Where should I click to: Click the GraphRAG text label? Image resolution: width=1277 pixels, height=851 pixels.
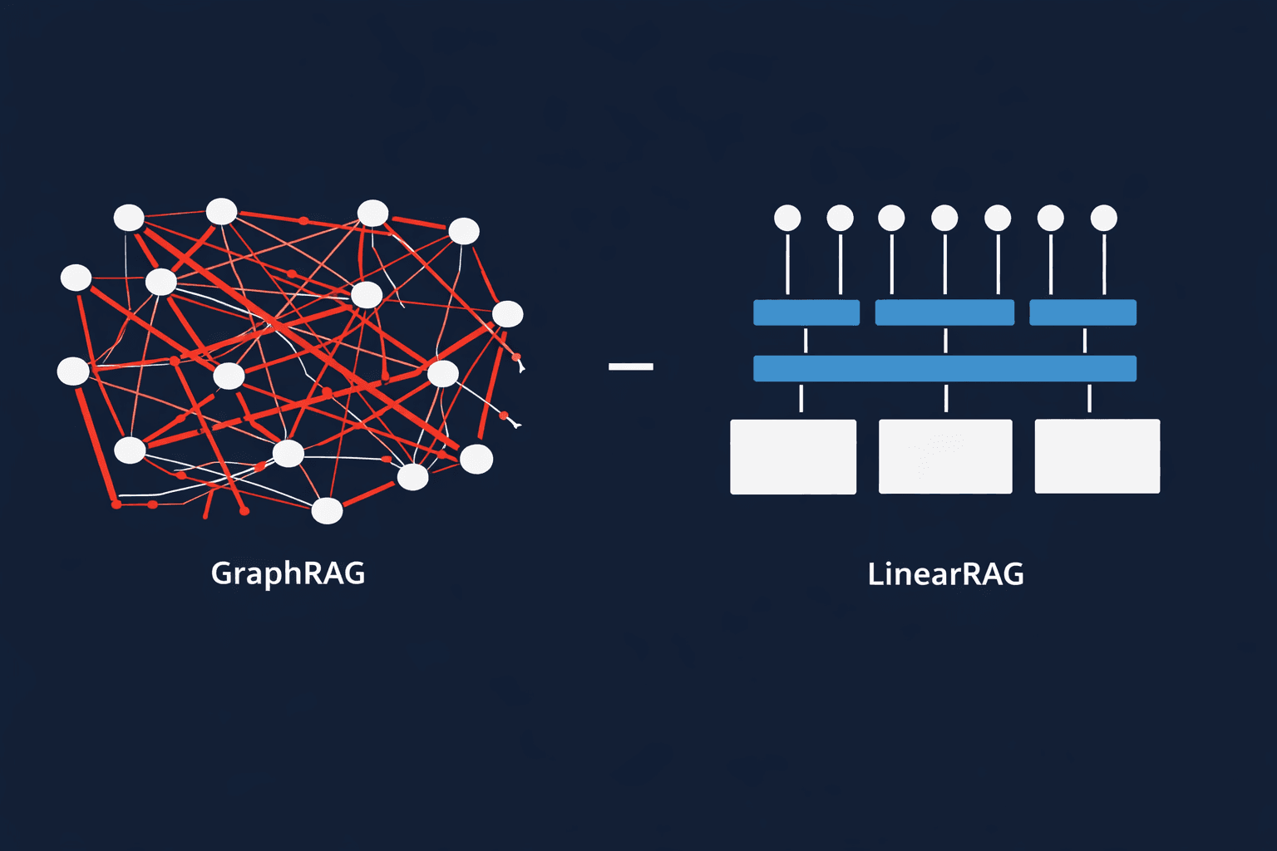(x=288, y=573)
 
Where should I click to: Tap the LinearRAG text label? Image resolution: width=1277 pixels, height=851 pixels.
(x=945, y=574)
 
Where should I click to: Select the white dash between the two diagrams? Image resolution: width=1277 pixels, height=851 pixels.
(x=631, y=366)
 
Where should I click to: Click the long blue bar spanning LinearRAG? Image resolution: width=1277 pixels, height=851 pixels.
(x=944, y=368)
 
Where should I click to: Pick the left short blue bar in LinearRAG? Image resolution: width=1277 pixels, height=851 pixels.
(x=806, y=312)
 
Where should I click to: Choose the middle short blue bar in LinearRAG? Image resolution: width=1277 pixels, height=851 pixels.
(x=944, y=312)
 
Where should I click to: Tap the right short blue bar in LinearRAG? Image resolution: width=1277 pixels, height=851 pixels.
(x=1082, y=312)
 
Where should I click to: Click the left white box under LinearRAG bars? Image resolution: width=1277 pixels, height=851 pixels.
(x=793, y=457)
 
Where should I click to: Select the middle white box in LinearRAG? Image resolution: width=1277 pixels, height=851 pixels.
(x=945, y=457)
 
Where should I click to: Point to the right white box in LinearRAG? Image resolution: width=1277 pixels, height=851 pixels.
(x=1097, y=456)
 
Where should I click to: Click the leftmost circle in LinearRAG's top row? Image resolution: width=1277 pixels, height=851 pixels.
(x=787, y=219)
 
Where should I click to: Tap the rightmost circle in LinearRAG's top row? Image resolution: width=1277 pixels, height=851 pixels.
(x=1103, y=219)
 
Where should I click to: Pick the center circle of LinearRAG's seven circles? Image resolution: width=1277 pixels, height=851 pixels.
(x=944, y=219)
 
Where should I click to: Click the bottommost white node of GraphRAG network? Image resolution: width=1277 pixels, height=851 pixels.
(x=327, y=511)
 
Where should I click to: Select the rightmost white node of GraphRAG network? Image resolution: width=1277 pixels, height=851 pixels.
(x=508, y=314)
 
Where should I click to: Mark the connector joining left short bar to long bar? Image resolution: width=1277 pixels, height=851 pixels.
(x=806, y=340)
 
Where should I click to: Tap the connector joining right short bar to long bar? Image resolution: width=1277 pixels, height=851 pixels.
(x=1085, y=340)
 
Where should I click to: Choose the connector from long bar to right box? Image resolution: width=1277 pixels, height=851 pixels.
(x=1089, y=398)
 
